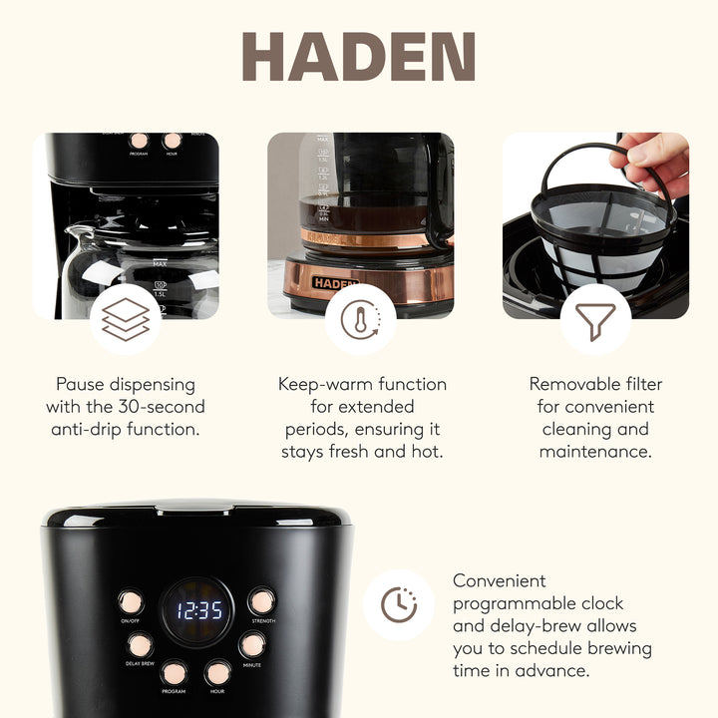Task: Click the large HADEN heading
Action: [359, 57]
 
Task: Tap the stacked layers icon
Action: [126, 320]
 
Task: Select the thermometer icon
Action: [360, 320]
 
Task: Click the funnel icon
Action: [595, 320]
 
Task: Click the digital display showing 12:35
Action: [199, 610]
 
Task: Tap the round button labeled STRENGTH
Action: [262, 601]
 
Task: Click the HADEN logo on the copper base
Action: [334, 282]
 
